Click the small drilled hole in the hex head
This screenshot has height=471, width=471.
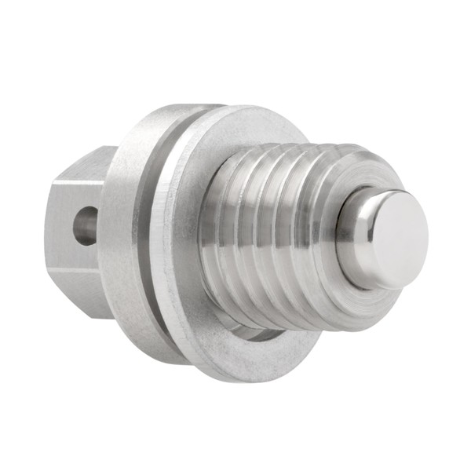(86, 225)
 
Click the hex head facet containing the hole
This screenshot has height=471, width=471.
(77, 228)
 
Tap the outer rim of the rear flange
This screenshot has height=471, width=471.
(126, 235)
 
